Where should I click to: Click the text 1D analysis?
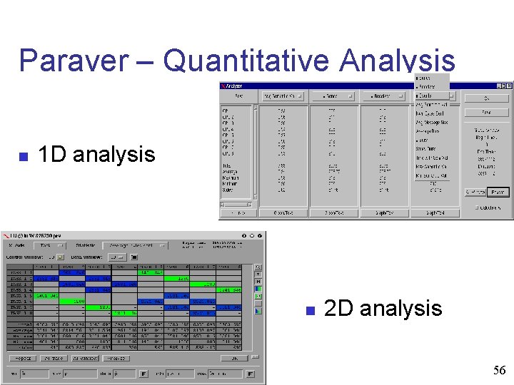pyautogui.click(x=96, y=155)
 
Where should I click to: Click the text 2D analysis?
pyautogui.click(x=383, y=309)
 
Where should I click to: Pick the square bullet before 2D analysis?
pyautogui.click(x=310, y=310)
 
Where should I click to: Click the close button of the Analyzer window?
pyautogui.click(x=508, y=86)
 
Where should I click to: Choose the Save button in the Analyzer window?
pyautogui.click(x=485, y=112)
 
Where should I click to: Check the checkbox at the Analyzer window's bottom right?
pyautogui.click(x=477, y=207)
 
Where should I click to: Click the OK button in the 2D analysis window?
pyautogui.click(x=234, y=358)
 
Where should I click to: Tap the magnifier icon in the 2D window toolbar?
pyautogui.click(x=258, y=268)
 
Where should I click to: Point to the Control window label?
pyautogui.click(x=26, y=256)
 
